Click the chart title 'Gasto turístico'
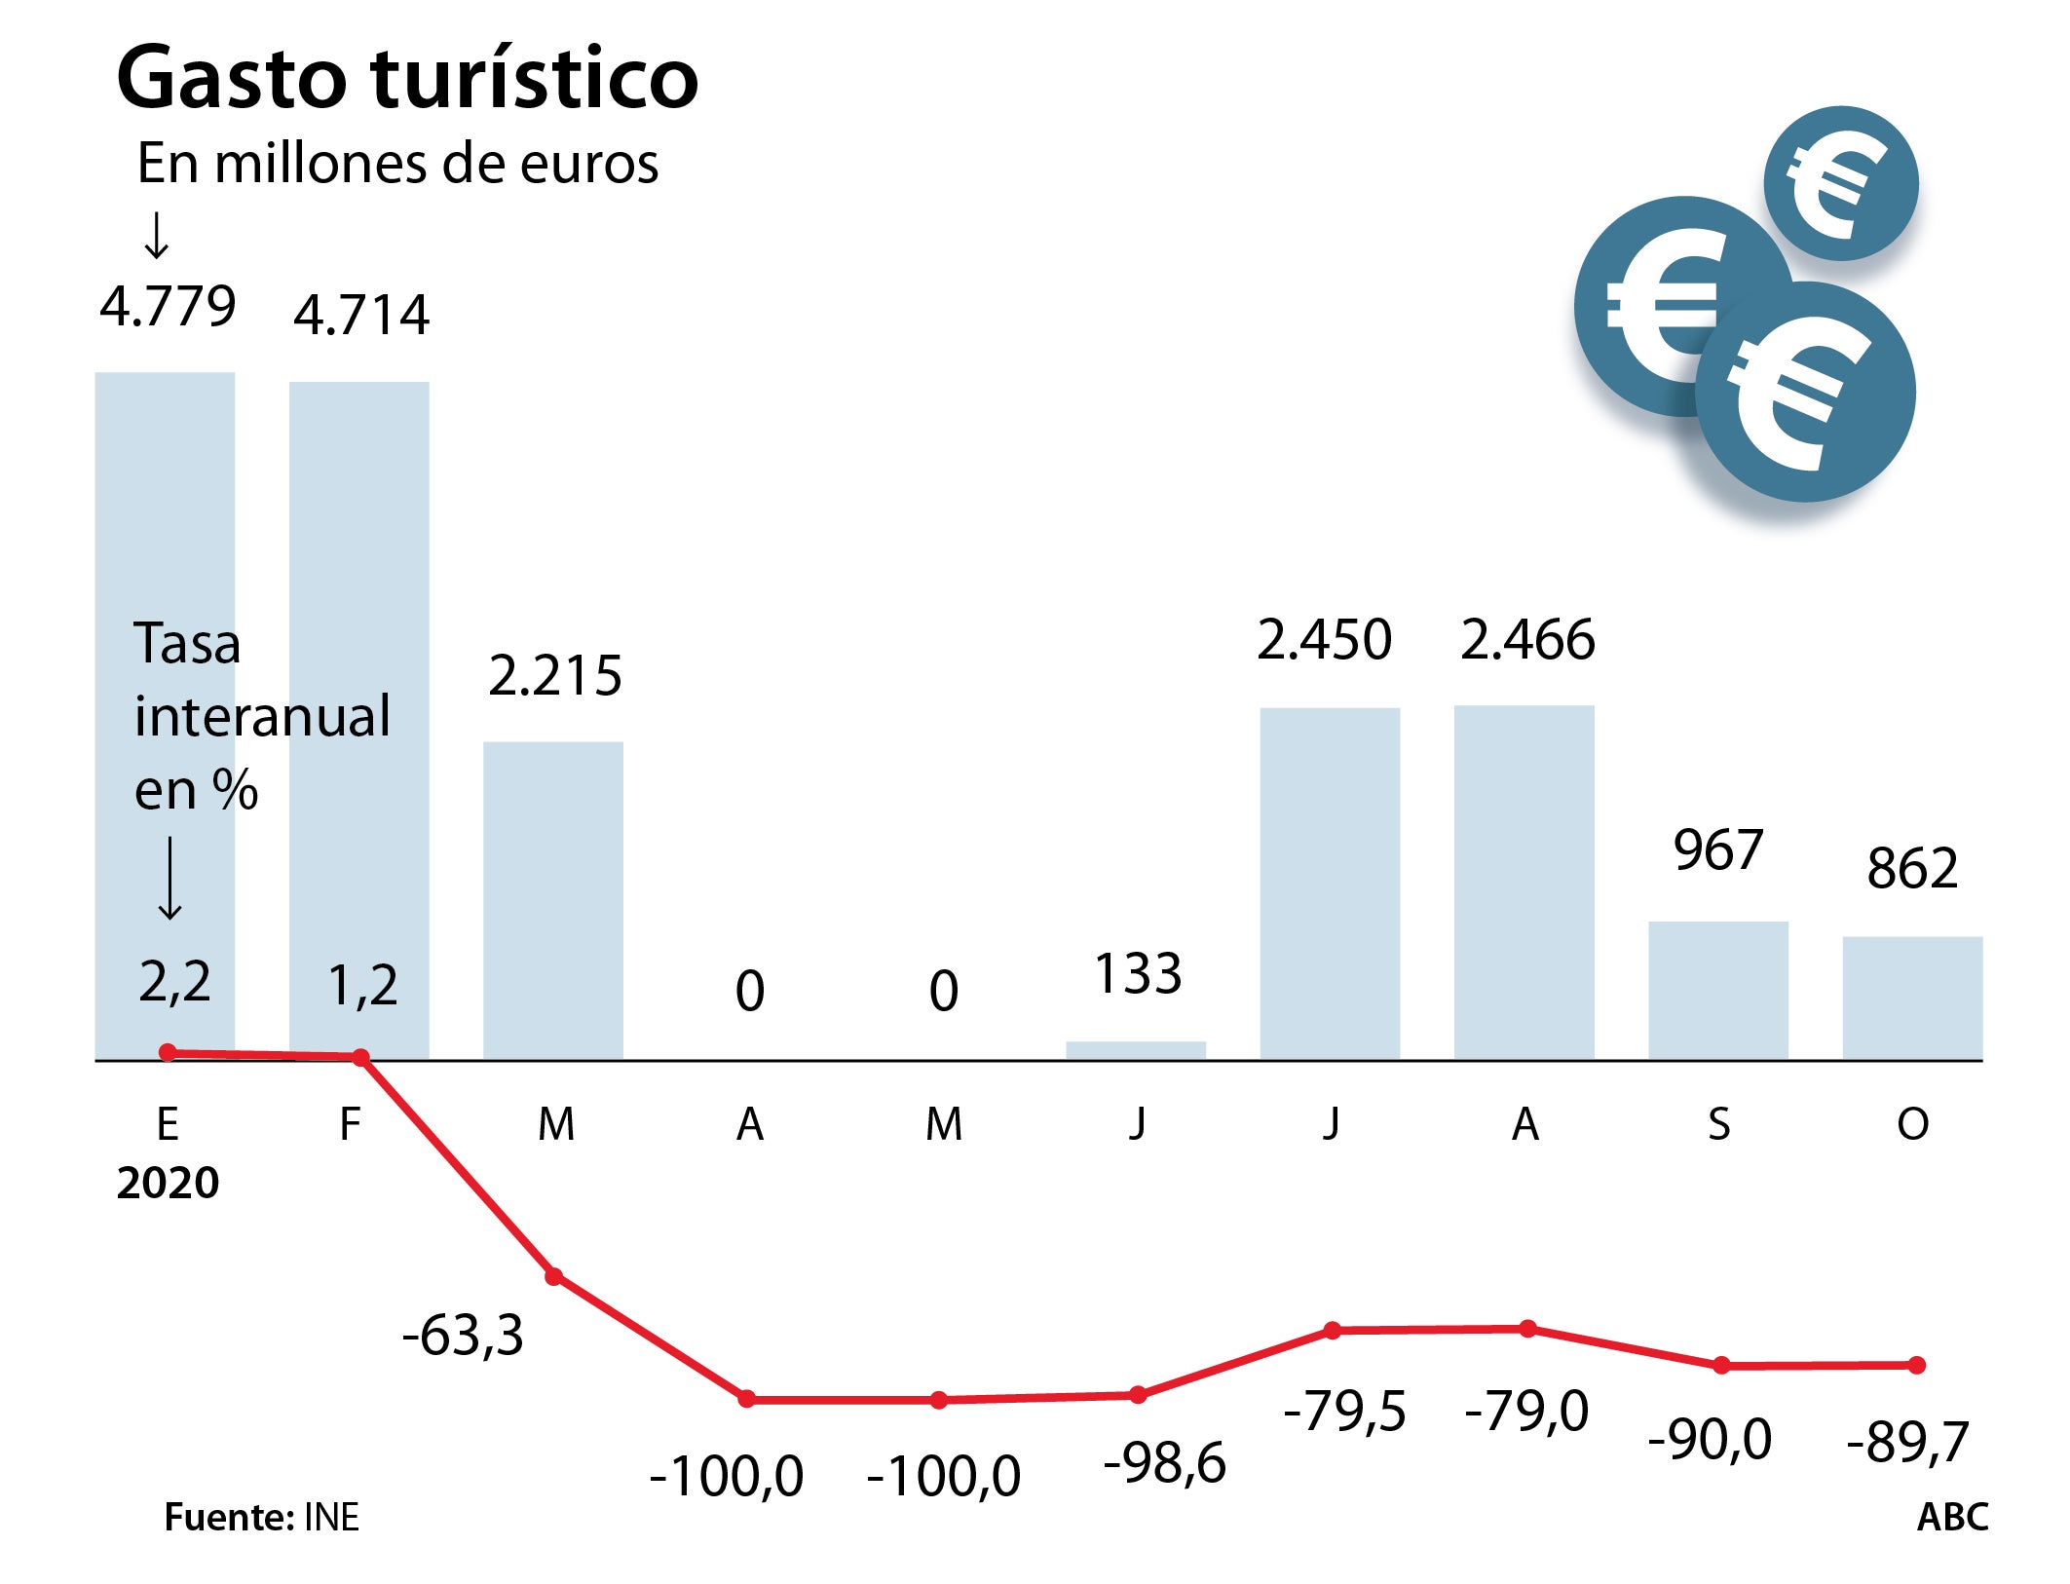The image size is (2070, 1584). (407, 78)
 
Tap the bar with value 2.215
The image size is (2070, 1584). (553, 900)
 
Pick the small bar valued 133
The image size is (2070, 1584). (1136, 1050)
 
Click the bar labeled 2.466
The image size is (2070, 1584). (1524, 882)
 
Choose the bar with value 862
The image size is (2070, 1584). (1912, 998)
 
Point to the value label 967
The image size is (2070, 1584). (1718, 849)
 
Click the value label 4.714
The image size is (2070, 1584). (361, 316)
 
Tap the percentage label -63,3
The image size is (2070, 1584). (463, 1335)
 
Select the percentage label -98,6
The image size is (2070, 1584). (1164, 1463)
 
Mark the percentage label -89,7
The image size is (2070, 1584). (1907, 1442)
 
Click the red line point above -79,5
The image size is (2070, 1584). (1333, 1331)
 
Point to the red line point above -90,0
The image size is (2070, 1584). (1721, 1366)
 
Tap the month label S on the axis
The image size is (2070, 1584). (1719, 1125)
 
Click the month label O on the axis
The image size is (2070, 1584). (1912, 1125)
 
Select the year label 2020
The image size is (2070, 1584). (168, 1184)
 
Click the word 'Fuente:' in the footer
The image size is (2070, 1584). (228, 1518)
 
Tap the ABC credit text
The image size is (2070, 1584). (1952, 1518)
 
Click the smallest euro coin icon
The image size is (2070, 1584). (1840, 183)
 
